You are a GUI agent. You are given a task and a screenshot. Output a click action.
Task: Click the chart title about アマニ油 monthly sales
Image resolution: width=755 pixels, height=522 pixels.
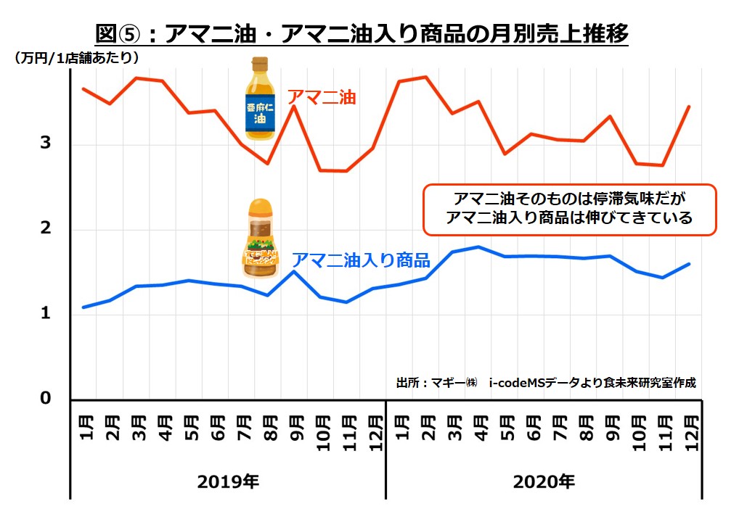362,33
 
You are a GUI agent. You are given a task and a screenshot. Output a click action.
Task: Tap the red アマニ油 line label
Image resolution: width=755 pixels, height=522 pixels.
322,96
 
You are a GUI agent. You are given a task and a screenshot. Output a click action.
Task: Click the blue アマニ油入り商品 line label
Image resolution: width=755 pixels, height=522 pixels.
361,260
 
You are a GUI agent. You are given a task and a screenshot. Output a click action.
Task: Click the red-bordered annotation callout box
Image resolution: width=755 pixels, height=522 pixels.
569,209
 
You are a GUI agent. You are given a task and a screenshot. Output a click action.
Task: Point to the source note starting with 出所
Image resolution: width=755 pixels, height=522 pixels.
546,382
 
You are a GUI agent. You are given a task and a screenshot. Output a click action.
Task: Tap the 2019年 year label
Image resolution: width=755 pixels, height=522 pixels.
228,480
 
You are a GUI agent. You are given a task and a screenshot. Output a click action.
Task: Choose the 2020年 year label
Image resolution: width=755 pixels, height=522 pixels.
544,480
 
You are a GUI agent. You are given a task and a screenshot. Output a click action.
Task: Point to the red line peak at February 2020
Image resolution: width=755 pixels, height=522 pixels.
425,77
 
